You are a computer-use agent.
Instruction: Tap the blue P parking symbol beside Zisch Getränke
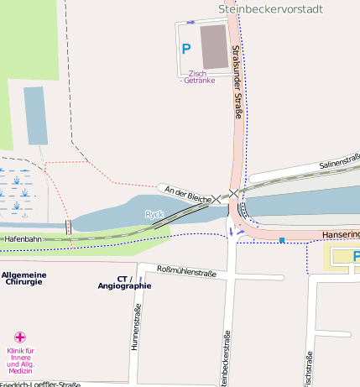[186, 49]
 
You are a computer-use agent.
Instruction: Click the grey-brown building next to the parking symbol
[213, 46]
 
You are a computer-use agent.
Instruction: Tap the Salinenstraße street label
[339, 160]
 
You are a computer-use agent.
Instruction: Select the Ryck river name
[154, 214]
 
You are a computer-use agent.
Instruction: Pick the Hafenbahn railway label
[23, 239]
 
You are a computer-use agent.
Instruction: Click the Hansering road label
[341, 235]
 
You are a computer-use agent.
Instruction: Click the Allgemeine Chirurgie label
[23, 279]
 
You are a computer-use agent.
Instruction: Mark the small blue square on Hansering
[282, 240]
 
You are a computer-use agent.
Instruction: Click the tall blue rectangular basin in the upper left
[35, 115]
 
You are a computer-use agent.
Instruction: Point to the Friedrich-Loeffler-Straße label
[40, 384]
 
